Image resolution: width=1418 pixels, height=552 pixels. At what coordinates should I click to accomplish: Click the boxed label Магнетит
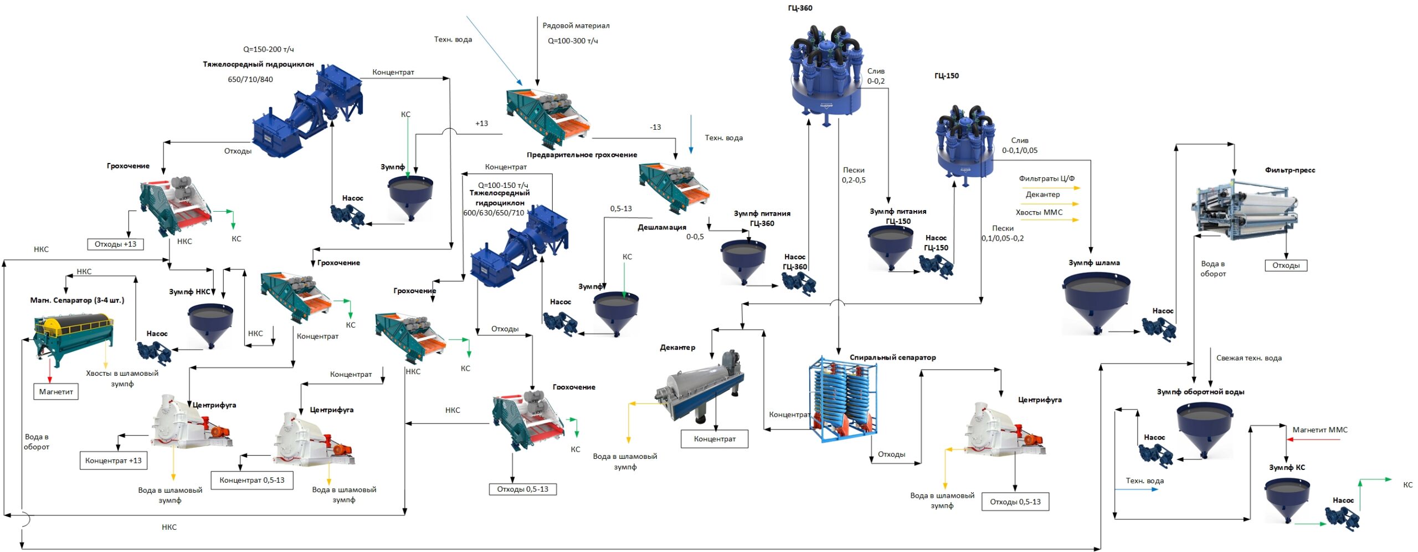coord(56,392)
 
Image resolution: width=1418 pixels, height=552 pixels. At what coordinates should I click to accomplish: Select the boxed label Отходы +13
coord(115,244)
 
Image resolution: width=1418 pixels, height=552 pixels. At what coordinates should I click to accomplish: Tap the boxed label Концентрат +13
coord(114,461)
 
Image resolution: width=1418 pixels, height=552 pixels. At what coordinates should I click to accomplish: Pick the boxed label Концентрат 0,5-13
coord(252,480)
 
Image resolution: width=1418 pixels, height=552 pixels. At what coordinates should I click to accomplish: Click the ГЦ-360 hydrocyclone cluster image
coord(825,72)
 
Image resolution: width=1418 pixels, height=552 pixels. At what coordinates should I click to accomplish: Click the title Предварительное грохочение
coord(582,155)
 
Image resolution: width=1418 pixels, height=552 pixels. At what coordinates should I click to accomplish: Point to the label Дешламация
coord(661,227)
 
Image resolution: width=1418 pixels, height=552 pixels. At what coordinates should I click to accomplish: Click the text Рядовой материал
coord(576,25)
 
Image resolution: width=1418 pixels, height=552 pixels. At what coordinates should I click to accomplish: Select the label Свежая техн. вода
coord(1249,358)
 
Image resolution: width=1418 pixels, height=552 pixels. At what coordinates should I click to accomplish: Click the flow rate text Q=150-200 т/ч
coord(268,49)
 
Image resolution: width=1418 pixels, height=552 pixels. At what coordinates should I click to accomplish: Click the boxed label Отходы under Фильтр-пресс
coord(1286,265)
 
